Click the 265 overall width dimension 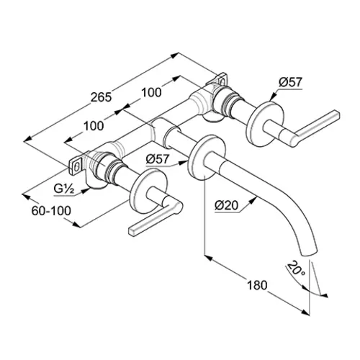pos(101,97)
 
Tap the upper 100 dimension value pos(151,93)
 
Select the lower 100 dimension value pos(94,126)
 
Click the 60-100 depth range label pos(51,211)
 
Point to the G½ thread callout pos(63,189)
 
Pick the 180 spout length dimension pos(257,285)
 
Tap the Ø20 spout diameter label pos(226,205)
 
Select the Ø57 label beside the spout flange pos(158,159)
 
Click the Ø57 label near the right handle pos(290,82)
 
